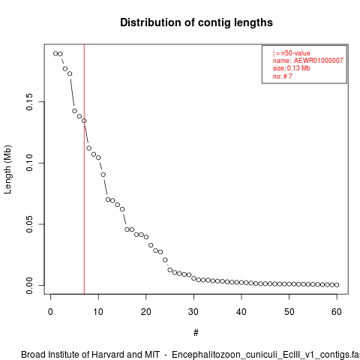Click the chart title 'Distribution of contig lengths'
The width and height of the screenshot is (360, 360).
(196, 22)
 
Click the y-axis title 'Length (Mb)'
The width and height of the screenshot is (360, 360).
(7, 169)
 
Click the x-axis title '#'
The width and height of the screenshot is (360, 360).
(196, 333)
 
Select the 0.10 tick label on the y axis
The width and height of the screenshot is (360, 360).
(29, 163)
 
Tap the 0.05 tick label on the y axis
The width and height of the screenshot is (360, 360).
(29, 224)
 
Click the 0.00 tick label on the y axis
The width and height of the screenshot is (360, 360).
(29, 286)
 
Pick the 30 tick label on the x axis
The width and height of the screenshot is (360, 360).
(193, 312)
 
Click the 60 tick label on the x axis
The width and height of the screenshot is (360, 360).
(337, 312)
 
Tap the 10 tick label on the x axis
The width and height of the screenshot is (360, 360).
(98, 312)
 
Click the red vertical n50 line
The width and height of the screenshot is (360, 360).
(84, 169)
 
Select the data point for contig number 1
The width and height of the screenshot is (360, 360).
(55, 53)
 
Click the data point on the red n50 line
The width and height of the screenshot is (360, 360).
(84, 121)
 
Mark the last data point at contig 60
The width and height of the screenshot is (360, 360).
(337, 285)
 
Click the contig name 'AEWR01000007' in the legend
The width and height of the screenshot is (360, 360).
(318, 61)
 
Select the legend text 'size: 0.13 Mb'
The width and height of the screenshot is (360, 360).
(292, 68)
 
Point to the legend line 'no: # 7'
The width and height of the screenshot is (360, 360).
(283, 76)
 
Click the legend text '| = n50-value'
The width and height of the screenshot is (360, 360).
(292, 53)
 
